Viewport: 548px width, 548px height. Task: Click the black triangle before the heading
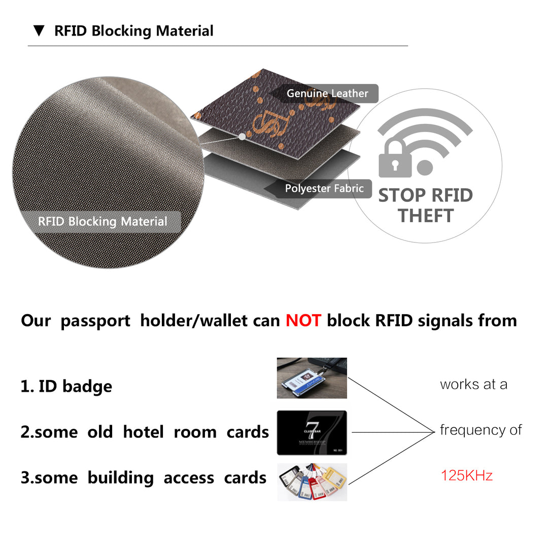pos(39,31)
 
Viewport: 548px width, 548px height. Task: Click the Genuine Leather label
pos(327,93)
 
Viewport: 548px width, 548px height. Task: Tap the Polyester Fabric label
pos(324,189)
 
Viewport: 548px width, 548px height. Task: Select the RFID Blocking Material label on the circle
pos(102,222)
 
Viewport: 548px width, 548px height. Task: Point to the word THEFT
pos(425,216)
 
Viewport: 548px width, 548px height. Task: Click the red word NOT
pos(303,321)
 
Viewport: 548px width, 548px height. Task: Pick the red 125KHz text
pos(466,475)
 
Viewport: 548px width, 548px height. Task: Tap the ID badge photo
pos(312,378)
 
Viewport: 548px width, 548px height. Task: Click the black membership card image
pos(312,432)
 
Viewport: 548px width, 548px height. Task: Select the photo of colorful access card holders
pos(312,482)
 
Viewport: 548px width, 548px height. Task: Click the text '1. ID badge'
pos(66,386)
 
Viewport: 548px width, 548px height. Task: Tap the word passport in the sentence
pos(95,321)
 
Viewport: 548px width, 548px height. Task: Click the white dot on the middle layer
pos(242,136)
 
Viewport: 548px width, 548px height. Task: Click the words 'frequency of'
pos(481,430)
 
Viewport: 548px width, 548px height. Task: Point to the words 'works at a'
pos(473,385)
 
